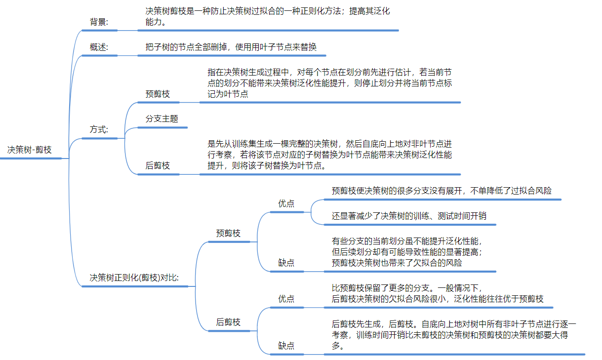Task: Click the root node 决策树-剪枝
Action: (x=30, y=150)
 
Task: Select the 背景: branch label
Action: (x=99, y=22)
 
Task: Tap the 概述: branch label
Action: (x=99, y=47)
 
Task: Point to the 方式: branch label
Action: (x=99, y=129)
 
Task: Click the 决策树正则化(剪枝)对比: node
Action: (x=134, y=278)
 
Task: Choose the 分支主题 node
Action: (x=161, y=119)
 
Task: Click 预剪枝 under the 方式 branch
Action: (x=158, y=94)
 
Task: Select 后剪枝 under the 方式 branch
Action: (x=158, y=165)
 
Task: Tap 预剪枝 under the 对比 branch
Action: (x=228, y=233)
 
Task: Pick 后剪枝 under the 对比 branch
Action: (x=228, y=322)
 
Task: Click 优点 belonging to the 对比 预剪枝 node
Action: (x=286, y=203)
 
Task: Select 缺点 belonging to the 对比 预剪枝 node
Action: (x=286, y=263)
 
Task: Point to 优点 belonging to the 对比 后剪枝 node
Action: (x=286, y=299)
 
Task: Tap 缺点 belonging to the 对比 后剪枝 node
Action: (x=286, y=346)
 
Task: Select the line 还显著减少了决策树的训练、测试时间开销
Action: (x=410, y=216)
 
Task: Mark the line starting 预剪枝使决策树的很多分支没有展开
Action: (x=441, y=191)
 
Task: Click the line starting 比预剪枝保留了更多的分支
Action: (x=406, y=287)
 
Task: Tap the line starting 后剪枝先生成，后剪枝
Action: (x=454, y=324)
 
